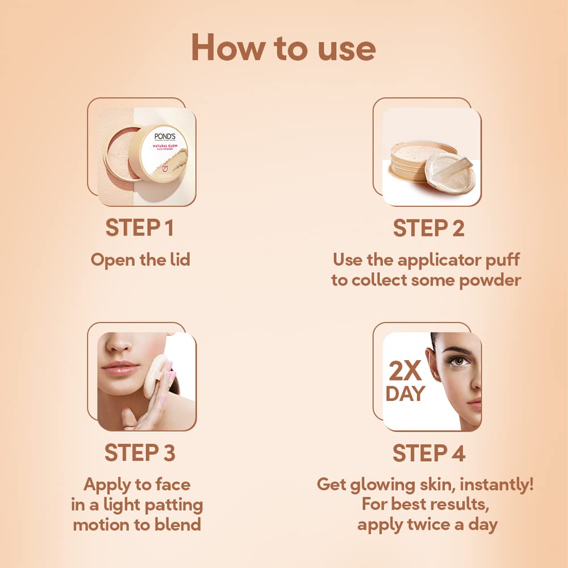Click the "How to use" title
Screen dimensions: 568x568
point(283,48)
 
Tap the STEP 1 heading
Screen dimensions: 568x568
point(139,228)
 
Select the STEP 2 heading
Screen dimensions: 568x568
point(428,228)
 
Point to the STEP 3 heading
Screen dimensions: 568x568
point(140,453)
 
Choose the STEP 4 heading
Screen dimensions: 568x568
point(429,453)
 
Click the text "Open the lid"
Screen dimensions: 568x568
point(140,260)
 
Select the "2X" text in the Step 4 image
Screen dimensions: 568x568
point(405,371)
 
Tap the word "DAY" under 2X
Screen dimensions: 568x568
point(405,394)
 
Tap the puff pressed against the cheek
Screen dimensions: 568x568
point(154,375)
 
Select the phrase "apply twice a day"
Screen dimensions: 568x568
point(427,524)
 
